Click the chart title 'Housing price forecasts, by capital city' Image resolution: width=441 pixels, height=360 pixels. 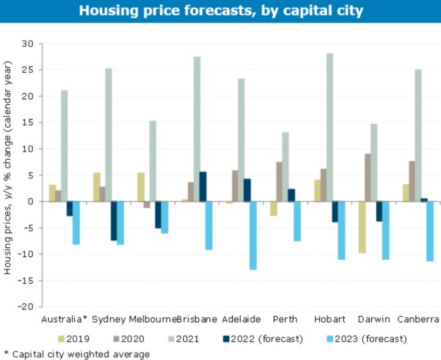(220, 11)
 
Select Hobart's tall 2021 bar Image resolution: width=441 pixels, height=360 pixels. (329, 127)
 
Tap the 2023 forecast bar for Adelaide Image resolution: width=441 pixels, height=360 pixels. (253, 235)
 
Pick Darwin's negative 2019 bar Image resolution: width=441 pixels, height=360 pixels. (362, 227)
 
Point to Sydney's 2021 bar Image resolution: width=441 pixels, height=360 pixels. (108, 134)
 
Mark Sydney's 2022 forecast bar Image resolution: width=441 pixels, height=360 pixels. (114, 220)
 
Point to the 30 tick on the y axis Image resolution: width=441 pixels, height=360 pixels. (27, 43)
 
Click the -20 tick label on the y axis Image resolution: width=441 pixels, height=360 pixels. (25, 307)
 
